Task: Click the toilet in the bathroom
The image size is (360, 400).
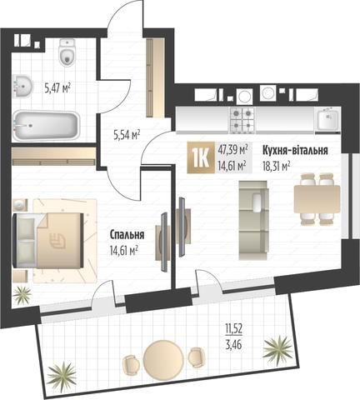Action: coord(67,52)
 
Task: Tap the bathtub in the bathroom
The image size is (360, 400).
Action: coord(46,125)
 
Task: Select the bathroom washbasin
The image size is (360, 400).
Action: coord(22,86)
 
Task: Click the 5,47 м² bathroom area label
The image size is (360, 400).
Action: coord(57,88)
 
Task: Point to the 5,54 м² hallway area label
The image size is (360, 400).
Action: coord(127,135)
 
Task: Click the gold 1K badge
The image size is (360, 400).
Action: coord(201,157)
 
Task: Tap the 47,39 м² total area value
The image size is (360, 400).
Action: coord(232,150)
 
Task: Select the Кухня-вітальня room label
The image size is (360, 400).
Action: coord(295,150)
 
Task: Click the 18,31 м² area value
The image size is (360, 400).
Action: coord(277,166)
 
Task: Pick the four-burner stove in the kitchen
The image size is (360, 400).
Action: coord(242,119)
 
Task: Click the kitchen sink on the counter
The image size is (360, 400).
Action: coord(327,119)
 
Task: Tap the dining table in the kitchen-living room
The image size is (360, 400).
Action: coord(317,199)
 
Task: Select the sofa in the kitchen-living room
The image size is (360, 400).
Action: coord(253,220)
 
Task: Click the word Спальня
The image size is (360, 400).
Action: coord(127,235)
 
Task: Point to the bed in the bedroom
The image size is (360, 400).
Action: coord(48,241)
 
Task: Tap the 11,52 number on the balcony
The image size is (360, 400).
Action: coord(234,329)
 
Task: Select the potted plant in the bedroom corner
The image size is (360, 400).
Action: coord(22,295)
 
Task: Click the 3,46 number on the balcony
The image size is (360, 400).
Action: coord(233,345)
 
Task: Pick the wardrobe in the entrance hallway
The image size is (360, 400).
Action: coord(155,77)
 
